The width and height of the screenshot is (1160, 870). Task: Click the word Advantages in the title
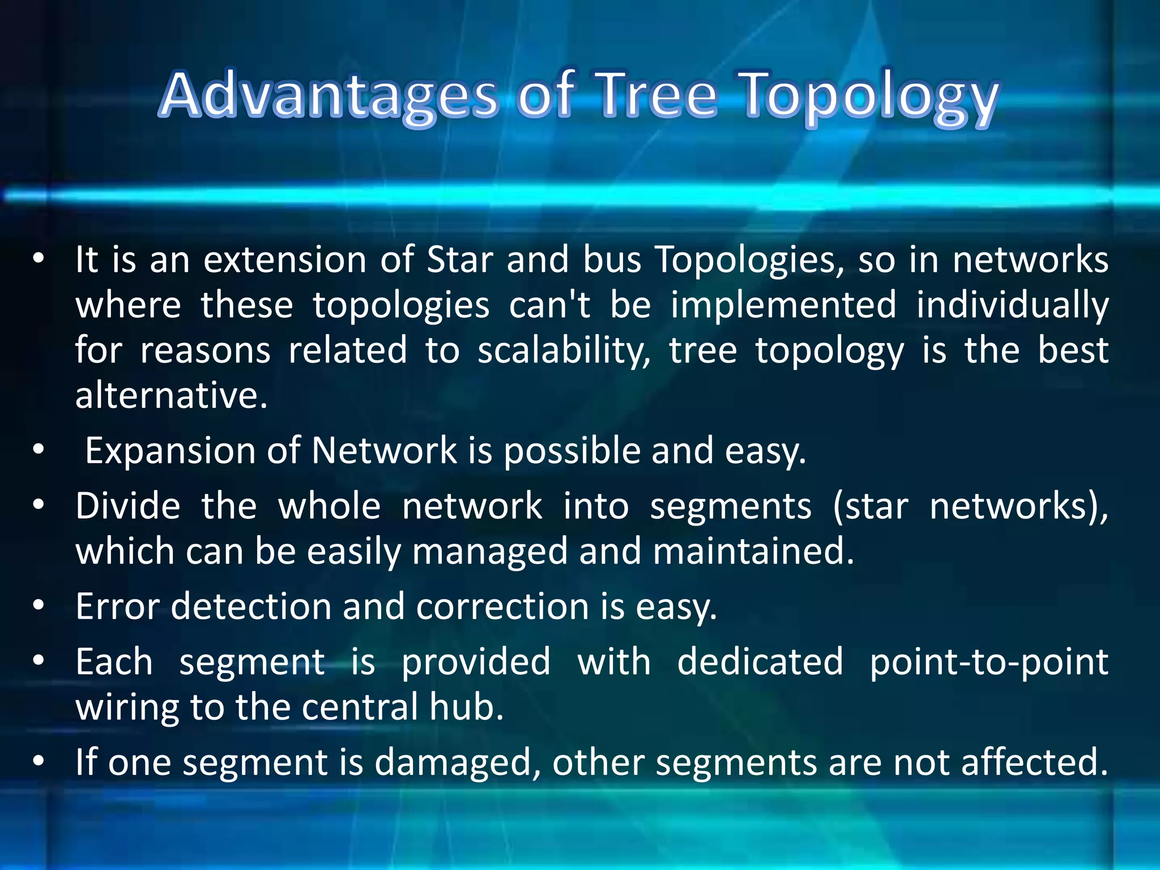point(329,95)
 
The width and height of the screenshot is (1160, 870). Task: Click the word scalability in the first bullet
point(564,351)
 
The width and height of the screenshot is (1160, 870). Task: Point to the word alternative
point(171,395)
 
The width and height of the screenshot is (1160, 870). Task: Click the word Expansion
point(170,451)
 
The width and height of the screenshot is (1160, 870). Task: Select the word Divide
point(128,506)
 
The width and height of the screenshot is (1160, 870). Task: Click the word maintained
point(753,551)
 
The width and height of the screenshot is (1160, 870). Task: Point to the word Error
point(117,607)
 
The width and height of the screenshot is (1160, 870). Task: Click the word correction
point(503,607)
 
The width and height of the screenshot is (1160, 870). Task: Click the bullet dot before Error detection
point(38,605)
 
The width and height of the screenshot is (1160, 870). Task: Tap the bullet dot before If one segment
point(38,761)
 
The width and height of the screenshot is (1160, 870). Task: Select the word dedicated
point(760,662)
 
